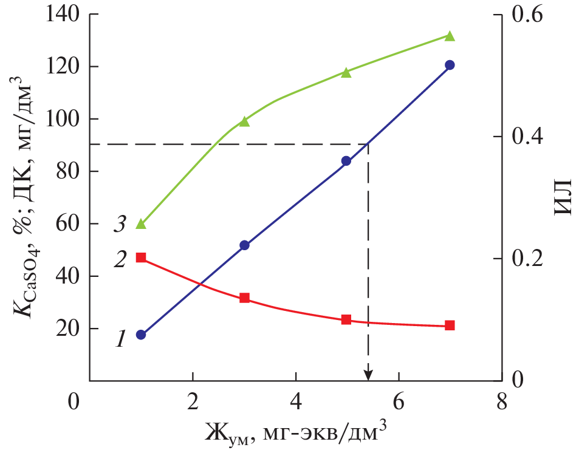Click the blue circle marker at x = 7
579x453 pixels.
point(450,65)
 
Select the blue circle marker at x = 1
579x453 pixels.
point(141,335)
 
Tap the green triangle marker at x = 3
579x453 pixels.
point(244,121)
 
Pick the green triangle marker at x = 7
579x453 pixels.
point(450,36)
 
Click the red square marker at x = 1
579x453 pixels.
point(141,257)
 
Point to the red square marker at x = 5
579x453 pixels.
point(346,319)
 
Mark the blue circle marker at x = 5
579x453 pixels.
point(346,161)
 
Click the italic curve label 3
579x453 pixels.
point(120,225)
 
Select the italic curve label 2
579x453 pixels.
point(120,260)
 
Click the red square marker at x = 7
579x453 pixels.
point(450,325)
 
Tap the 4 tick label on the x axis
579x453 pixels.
point(295,403)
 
